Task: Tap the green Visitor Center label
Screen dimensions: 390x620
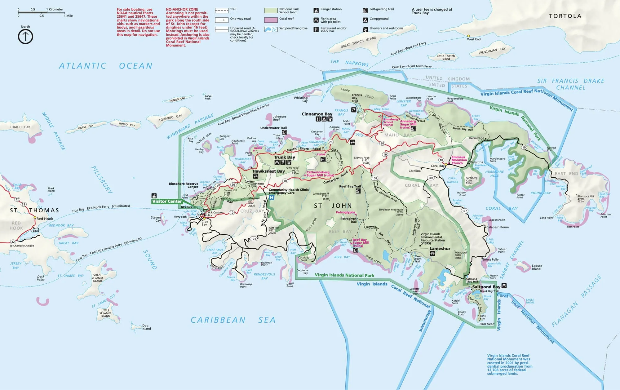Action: click(167, 201)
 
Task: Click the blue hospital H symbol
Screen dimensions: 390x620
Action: click(272, 197)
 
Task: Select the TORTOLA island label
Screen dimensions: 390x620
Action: click(565, 16)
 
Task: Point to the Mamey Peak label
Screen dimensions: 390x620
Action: click(361, 158)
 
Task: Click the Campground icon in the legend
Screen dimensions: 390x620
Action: click(365, 20)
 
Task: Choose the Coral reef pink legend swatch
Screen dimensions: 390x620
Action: click(271, 20)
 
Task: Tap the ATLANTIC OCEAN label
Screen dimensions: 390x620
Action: click(106, 66)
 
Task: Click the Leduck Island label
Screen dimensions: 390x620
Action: click(537, 267)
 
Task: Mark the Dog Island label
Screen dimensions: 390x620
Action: click(146, 327)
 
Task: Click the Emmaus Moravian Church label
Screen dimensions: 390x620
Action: click(459, 160)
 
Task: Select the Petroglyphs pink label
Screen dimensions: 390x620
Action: click(345, 212)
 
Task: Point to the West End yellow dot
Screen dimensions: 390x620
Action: click(468, 36)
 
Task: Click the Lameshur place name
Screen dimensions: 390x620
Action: click(440, 249)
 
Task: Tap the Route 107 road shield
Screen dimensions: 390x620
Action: click(464, 211)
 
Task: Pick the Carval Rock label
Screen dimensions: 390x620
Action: click(208, 97)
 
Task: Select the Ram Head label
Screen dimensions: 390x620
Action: click(487, 324)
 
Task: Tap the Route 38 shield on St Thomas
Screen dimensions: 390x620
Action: click(24, 204)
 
